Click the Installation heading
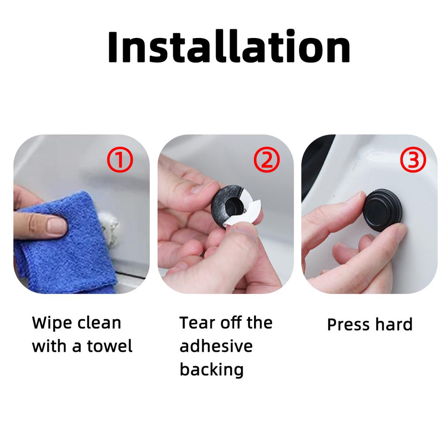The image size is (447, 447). pos(229,46)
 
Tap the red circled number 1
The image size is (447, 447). pos(120,160)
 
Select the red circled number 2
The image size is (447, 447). pos(267,160)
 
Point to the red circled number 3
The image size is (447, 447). pos(413,160)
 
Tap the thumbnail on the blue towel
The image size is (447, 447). pos(56,225)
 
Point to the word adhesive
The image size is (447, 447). pos(216,346)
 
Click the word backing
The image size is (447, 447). pos(212,370)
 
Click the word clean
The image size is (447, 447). pos(99,323)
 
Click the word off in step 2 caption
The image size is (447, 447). pos(230,323)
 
